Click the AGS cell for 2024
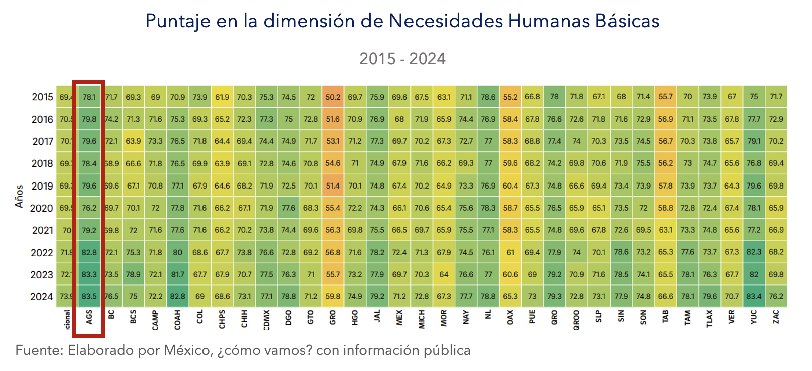tap(89, 296)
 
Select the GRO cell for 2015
tap(333, 97)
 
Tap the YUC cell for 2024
tap(754, 296)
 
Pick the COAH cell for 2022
tap(177, 252)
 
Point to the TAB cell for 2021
tap(665, 230)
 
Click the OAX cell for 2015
tap(510, 97)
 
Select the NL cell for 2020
tap(488, 208)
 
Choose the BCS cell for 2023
tap(133, 274)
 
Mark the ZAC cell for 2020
tap(776, 208)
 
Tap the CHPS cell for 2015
tap(222, 97)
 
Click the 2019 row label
tap(42, 186)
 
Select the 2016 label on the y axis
tap(42, 119)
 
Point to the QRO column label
tap(554, 318)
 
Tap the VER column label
tap(732, 317)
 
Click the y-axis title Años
tap(19, 196)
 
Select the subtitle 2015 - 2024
tap(402, 59)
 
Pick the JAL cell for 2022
tap(377, 252)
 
